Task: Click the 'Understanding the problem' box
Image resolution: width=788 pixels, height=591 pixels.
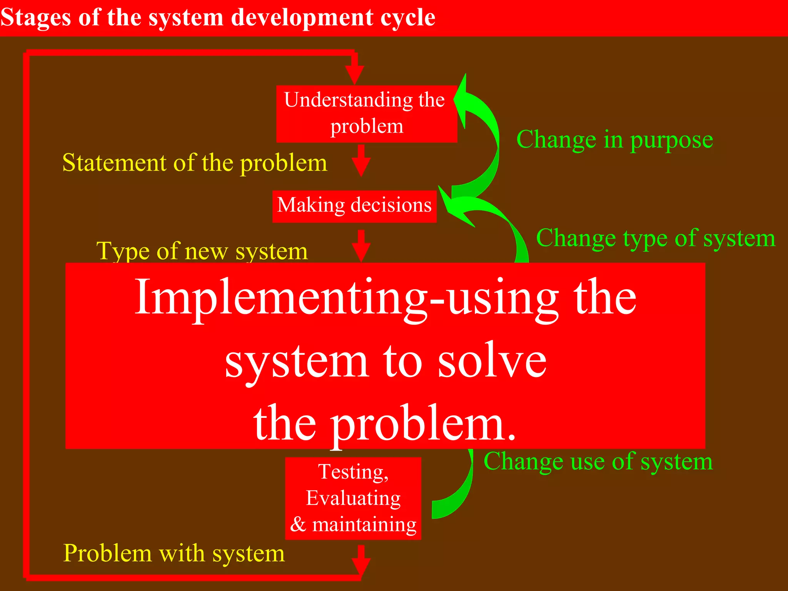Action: (366, 114)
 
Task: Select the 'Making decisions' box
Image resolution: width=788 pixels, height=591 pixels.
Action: (354, 206)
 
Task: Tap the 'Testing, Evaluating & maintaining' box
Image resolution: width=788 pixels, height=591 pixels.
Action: (353, 498)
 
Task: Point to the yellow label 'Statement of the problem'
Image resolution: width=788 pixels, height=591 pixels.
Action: (195, 163)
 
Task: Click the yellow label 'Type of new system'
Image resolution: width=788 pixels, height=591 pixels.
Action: (202, 251)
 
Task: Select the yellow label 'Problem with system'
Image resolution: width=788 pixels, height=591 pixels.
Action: (174, 553)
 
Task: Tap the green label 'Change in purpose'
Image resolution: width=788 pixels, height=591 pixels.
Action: (614, 140)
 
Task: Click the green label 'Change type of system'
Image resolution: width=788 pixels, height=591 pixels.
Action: (656, 238)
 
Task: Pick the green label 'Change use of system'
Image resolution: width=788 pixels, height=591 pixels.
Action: (598, 461)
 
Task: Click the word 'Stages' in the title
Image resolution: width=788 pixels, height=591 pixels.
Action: (35, 18)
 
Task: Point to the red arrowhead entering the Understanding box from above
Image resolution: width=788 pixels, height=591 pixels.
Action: (354, 73)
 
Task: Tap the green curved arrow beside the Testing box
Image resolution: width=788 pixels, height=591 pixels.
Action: (456, 496)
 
